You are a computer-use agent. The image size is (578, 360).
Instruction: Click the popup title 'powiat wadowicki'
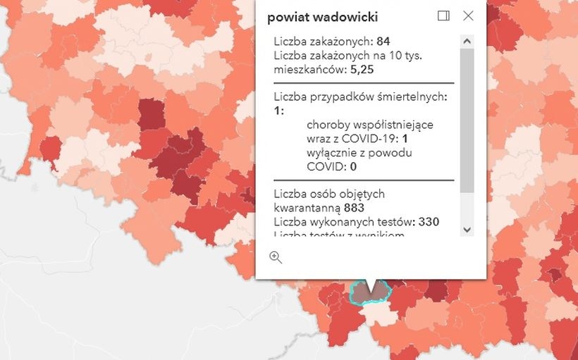pyautogui.click(x=322, y=17)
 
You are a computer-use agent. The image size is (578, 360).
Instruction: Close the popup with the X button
pyautogui.click(x=468, y=15)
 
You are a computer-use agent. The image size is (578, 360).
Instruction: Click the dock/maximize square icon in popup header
pyautogui.click(x=443, y=15)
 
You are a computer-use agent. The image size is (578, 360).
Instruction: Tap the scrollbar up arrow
pyautogui.click(x=467, y=41)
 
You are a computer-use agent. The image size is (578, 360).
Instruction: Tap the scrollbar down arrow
pyautogui.click(x=467, y=229)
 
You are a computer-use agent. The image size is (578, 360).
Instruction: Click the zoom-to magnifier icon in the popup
pyautogui.click(x=276, y=257)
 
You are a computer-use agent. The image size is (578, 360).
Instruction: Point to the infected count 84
pyautogui.click(x=383, y=41)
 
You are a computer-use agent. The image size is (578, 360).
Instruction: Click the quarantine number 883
pyautogui.click(x=354, y=208)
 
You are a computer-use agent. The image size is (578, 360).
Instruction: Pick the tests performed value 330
pyautogui.click(x=429, y=222)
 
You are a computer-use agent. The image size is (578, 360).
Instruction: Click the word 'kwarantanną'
pyautogui.click(x=307, y=208)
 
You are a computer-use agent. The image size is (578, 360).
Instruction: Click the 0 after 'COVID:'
pyautogui.click(x=353, y=166)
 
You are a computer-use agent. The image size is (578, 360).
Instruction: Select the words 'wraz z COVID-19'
pyautogui.click(x=350, y=139)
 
